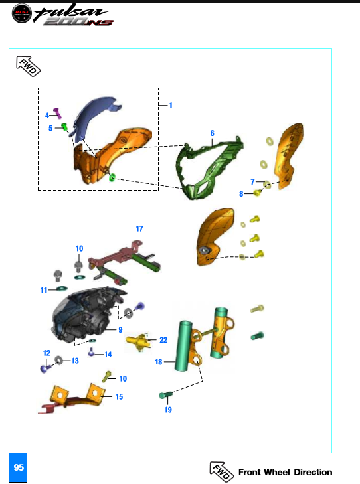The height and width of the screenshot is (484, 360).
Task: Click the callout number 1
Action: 171,106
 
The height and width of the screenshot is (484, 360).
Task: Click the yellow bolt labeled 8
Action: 258,193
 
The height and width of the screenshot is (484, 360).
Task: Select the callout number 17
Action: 139,228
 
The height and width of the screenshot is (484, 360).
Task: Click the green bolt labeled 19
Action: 166,396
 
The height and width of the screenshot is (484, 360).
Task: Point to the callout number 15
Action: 119,396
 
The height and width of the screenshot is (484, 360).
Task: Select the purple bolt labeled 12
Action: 45,366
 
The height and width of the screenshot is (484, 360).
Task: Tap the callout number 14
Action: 108,354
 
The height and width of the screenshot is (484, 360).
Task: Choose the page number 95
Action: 19,467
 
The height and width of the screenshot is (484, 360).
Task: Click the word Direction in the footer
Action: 314,472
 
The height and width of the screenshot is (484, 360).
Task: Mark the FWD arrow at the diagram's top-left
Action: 28,65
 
